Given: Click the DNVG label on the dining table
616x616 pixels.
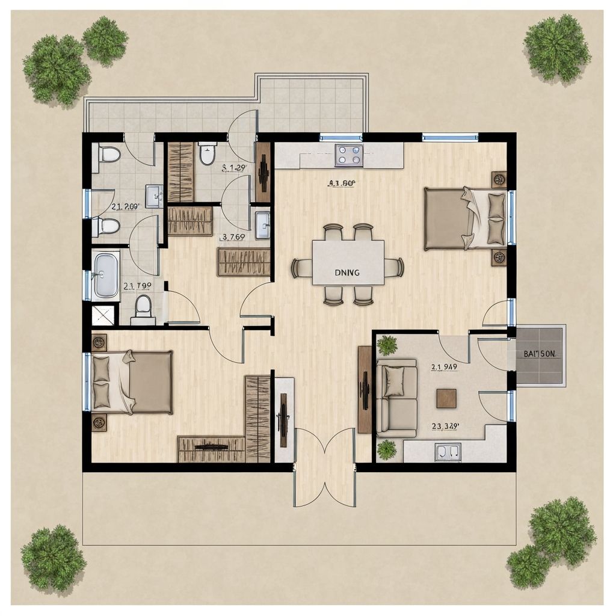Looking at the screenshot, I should [x=346, y=273].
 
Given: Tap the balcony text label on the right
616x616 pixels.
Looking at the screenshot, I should [x=539, y=354].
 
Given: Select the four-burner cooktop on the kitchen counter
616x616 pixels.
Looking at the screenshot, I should [x=349, y=155].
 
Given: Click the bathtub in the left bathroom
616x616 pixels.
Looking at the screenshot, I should [x=106, y=275].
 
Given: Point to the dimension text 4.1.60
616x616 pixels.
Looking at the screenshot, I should [x=342, y=184].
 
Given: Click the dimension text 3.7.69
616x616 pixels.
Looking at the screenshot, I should [x=233, y=236].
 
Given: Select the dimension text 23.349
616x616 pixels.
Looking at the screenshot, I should [x=446, y=426].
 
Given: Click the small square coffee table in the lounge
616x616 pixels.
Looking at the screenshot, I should [x=446, y=398].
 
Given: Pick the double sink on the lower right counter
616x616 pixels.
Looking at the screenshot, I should [x=448, y=452].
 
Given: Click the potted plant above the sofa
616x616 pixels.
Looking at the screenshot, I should [x=387, y=345].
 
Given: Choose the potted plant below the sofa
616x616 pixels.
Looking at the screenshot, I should [x=386, y=449].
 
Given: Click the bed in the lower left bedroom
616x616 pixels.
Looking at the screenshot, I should [x=132, y=382].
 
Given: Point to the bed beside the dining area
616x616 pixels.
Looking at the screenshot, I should [x=466, y=218].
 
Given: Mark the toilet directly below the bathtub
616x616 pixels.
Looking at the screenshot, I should [x=143, y=307].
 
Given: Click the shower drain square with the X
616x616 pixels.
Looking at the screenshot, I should [x=102, y=315].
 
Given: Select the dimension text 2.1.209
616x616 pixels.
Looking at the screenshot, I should [x=125, y=206].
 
